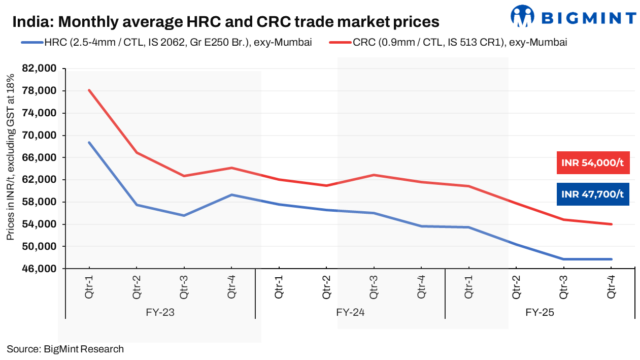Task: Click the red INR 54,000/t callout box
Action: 593,163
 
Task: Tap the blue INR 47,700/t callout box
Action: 593,194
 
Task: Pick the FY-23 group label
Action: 160,312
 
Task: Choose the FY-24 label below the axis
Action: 350,312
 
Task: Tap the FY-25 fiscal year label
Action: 540,312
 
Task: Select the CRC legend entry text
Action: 459,43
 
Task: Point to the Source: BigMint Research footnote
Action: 65,349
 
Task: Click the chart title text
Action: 225,22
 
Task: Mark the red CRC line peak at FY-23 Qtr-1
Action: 89,90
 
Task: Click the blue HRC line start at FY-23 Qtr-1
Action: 89,142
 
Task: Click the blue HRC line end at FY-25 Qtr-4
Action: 611,259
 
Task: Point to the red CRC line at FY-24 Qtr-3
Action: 374,175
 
